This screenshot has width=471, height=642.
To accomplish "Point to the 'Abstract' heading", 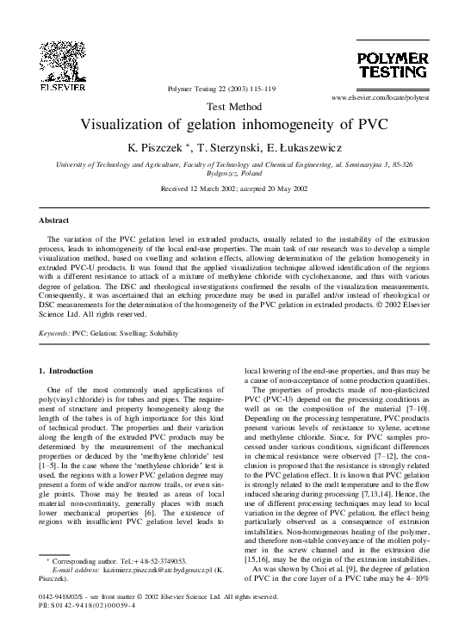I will [x=54, y=220].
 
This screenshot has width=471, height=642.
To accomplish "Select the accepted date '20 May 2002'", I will [x=290, y=188].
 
